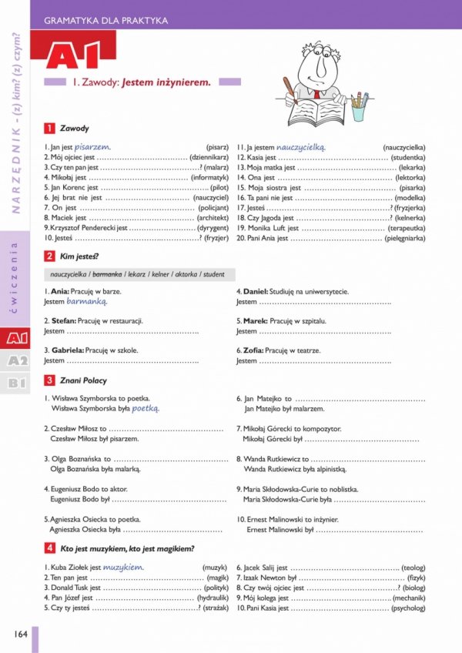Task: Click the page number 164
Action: [19, 634]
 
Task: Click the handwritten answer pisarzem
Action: [92, 146]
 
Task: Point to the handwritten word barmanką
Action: [86, 302]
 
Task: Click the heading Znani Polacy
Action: [84, 380]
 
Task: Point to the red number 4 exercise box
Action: [49, 548]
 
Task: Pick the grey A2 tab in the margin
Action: [17, 360]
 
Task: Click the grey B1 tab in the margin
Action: [17, 383]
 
